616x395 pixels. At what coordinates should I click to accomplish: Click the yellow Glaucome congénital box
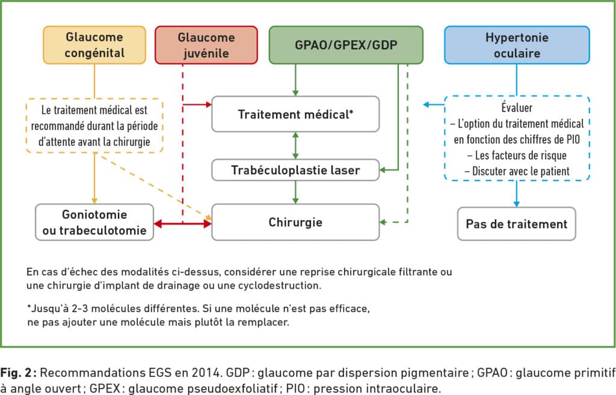pos(94,44)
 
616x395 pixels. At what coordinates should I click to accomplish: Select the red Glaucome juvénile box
pos(206,44)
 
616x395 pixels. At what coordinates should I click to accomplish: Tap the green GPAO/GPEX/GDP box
pos(346,44)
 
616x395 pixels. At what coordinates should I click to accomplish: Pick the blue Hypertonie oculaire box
pos(517,44)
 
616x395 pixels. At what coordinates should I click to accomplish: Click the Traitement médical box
pos(295,114)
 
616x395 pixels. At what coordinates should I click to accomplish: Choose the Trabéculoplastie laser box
pos(295,170)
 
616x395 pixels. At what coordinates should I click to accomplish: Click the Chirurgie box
pos(295,222)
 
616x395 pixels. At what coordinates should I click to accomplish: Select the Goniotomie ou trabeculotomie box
pos(94,222)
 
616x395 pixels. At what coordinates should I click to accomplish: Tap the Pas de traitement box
pos(517,224)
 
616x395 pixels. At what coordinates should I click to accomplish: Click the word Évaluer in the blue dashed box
pos(517,107)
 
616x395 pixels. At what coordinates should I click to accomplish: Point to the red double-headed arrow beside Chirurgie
pos(183,224)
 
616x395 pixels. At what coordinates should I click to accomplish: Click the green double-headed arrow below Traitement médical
pos(295,145)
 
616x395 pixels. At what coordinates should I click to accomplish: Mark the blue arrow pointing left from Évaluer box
pos(434,105)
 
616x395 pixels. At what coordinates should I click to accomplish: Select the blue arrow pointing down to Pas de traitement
pos(517,194)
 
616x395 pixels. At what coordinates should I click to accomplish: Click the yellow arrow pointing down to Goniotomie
pos(94,178)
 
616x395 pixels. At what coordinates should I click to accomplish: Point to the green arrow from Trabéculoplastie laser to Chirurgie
pos(295,192)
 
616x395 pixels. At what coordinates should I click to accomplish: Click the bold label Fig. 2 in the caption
pos(19,372)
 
